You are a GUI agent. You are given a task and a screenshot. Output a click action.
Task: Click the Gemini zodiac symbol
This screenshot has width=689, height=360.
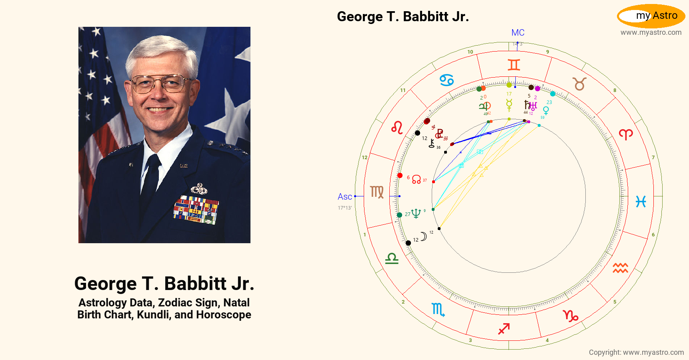pos(514,65)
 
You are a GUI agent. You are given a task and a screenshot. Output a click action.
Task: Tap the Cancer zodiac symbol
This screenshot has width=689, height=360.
pos(447,80)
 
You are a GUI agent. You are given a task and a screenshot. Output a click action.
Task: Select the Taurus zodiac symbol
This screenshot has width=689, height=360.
pos(579,84)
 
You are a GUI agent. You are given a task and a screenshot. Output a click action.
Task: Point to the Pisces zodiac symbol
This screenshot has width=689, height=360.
pos(641,202)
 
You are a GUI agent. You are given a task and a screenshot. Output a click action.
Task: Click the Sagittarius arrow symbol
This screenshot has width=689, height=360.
pos(504,328)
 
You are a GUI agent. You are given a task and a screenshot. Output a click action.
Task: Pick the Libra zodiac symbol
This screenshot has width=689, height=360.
pos(392,259)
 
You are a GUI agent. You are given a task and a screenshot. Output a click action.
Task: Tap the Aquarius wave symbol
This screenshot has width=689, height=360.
pos(620,268)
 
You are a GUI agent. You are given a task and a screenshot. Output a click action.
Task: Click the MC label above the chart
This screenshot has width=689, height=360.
pos(518,33)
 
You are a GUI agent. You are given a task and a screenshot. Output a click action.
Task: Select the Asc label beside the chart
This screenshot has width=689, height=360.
pos(344,197)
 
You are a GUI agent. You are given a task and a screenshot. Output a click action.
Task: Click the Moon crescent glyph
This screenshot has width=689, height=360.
pos(423,236)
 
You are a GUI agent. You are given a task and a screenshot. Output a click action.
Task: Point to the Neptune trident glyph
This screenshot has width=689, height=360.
pos(416,213)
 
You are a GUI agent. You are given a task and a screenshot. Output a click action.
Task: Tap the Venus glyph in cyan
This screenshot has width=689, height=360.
pos(546,110)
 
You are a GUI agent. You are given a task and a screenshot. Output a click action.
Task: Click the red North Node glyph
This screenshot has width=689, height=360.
pos(417,179)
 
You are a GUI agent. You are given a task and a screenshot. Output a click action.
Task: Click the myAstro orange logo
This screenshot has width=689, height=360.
pos(651,16)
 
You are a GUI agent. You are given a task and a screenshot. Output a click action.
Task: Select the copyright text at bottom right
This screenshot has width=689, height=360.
pos(636,352)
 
